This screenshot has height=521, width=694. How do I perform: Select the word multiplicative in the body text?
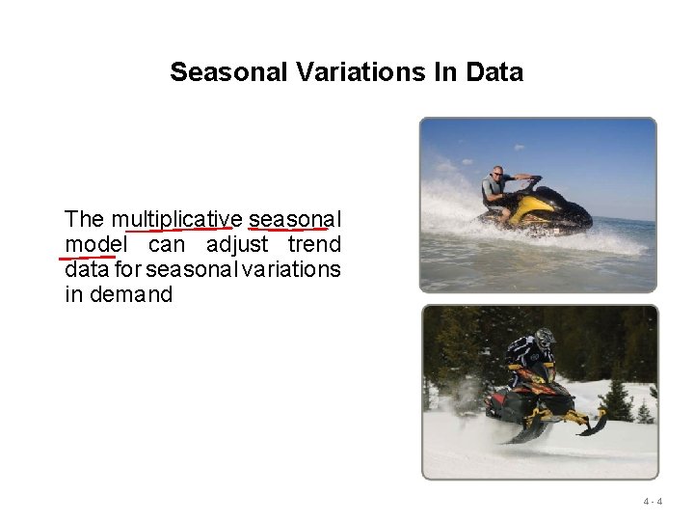click(x=176, y=220)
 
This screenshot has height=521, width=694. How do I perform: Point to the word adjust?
click(x=237, y=245)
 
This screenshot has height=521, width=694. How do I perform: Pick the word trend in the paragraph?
click(x=314, y=245)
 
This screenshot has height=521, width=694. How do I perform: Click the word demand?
click(x=131, y=295)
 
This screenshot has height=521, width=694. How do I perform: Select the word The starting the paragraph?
click(x=84, y=220)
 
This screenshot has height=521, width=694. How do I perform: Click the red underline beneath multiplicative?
click(x=178, y=232)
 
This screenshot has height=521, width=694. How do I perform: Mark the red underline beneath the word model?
click(x=87, y=258)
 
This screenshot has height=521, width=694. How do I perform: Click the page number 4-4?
click(x=653, y=502)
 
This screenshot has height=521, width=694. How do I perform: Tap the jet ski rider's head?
click(x=497, y=174)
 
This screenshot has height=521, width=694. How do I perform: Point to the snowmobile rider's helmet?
click(x=545, y=339)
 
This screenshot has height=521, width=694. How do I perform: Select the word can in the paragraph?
click(x=167, y=245)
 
